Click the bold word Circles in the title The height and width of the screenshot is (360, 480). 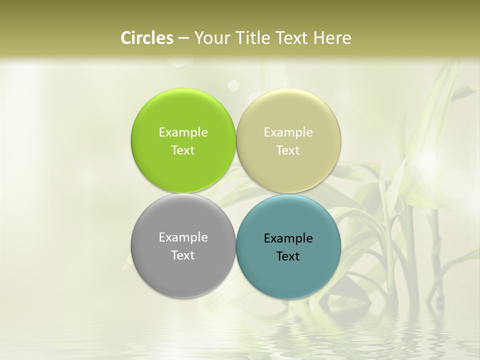146,38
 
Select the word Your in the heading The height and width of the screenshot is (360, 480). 209,38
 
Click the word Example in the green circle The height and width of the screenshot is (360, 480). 183,132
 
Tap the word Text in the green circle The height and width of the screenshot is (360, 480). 183,150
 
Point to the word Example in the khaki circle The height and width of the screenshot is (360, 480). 288,132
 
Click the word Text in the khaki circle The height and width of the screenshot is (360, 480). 288,150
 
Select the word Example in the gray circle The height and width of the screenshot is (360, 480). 183,237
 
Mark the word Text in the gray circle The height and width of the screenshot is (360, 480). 183,255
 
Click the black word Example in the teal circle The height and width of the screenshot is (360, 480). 288,238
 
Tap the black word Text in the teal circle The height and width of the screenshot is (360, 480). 288,256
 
